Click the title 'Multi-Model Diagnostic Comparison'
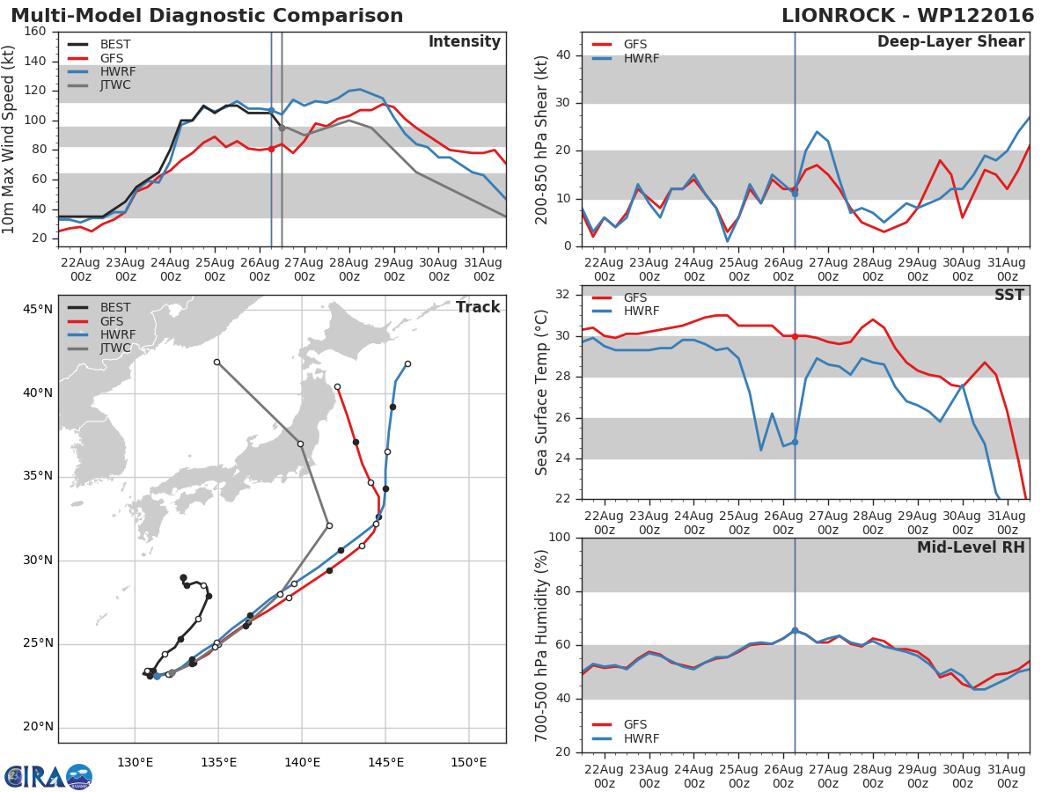tap(207, 16)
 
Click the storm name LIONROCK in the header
tap(838, 16)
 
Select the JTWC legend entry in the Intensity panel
tap(99, 85)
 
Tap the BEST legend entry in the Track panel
tap(99, 307)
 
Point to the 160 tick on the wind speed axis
tap(35, 32)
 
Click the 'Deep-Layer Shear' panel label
tap(950, 42)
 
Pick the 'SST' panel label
tap(1009, 295)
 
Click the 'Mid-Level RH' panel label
tap(971, 547)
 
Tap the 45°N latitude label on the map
tap(38, 309)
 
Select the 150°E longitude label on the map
tap(468, 763)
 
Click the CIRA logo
tap(48, 776)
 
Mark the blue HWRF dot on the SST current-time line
tap(795, 443)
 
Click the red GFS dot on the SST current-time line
tap(795, 337)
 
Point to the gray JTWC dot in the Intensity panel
tap(282, 128)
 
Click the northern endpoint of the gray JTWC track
tap(217, 362)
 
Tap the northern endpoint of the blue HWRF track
tap(407, 364)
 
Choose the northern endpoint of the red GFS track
tap(337, 387)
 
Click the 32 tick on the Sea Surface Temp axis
tap(563, 295)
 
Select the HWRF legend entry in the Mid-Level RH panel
tap(626, 738)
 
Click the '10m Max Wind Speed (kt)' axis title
tap(8, 139)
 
